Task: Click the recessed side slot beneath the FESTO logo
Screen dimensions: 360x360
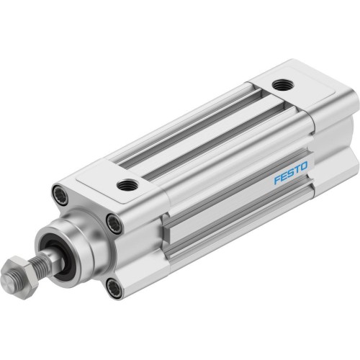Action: (x=238, y=216)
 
